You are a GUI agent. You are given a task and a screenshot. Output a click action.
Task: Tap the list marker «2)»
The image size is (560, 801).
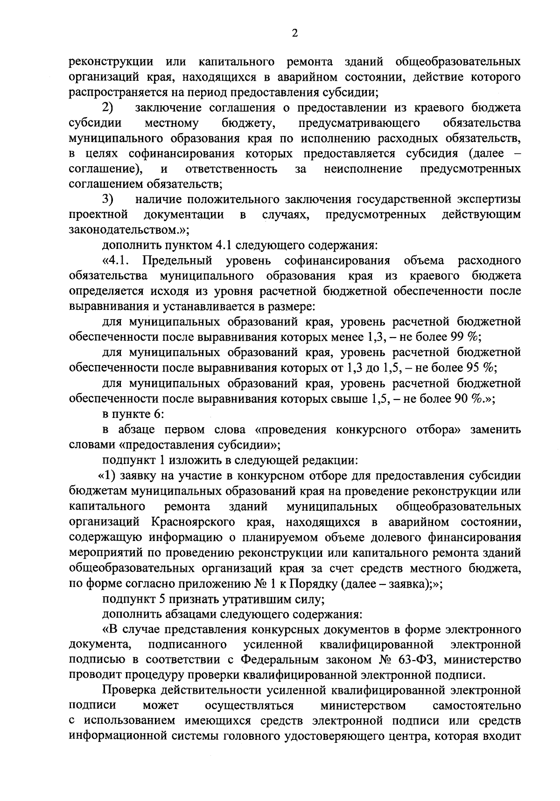pos(108,108)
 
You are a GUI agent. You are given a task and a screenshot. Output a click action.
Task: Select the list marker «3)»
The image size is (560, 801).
pos(108,199)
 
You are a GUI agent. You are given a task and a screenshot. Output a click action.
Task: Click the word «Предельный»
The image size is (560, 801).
pos(177,260)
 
